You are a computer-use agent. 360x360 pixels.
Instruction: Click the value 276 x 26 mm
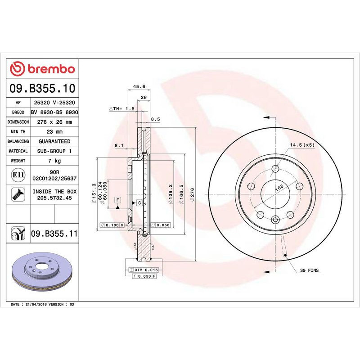(54, 122)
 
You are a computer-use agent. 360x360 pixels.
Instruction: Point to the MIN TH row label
(18, 131)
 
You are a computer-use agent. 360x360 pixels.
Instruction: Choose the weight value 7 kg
(54, 161)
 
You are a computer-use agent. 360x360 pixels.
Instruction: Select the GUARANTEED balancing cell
(54, 141)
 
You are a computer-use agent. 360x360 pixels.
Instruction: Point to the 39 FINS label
(309, 270)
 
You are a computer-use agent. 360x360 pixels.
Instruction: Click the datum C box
(139, 203)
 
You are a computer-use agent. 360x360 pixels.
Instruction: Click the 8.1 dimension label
(119, 145)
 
